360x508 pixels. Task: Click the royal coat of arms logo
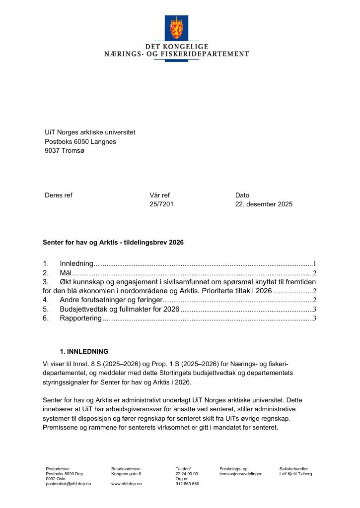(176, 28)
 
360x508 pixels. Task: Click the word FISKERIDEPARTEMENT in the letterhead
(209, 54)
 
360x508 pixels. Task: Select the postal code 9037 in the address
(53, 151)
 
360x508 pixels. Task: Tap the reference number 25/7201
(161, 204)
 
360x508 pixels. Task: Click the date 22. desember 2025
(264, 204)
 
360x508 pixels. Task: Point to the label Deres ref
(58, 195)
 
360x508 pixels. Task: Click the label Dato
(242, 195)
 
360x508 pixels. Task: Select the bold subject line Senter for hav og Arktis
(113, 243)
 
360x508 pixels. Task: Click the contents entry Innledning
(76, 264)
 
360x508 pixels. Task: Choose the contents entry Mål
(66, 273)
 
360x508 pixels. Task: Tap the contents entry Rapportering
(80, 318)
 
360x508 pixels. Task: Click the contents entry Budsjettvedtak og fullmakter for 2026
(119, 309)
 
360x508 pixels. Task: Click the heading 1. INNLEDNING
(83, 351)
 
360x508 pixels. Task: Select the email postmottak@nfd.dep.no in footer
(68, 484)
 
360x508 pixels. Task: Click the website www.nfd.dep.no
(127, 484)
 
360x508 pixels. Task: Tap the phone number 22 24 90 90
(187, 474)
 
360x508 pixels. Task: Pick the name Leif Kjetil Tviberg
(295, 474)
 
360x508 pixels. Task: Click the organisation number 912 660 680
(187, 484)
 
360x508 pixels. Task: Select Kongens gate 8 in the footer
(126, 474)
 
